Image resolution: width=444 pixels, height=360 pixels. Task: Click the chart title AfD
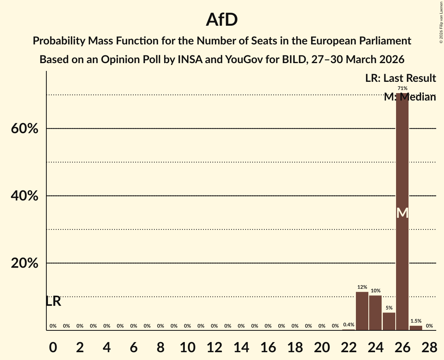click(222, 20)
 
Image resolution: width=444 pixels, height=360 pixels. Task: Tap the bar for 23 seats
click(362, 311)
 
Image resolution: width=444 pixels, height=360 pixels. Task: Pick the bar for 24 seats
click(375, 313)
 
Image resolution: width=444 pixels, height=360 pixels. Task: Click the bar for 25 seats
click(389, 321)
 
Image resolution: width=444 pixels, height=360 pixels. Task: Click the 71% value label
click(402, 88)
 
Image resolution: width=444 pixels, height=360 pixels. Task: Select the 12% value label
click(362, 287)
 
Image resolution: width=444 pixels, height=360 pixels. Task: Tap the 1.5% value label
click(416, 321)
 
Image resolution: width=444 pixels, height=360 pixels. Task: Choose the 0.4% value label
click(348, 325)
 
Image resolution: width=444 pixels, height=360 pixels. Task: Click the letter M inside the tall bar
click(402, 213)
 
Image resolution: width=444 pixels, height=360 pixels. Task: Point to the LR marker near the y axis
click(53, 301)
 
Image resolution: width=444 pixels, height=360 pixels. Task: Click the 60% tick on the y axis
click(25, 129)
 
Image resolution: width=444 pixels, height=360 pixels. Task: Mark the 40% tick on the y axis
click(25, 196)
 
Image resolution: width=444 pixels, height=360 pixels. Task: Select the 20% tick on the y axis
click(25, 263)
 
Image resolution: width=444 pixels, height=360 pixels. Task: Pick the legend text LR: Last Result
click(400, 78)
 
